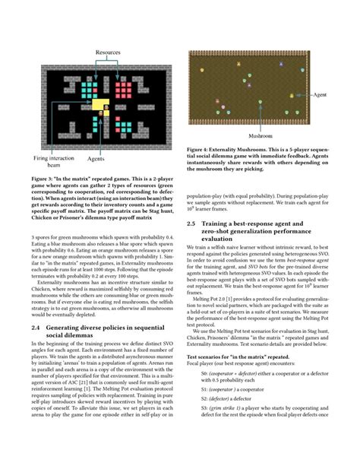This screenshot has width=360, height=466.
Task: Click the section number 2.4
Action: coord(36,305)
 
